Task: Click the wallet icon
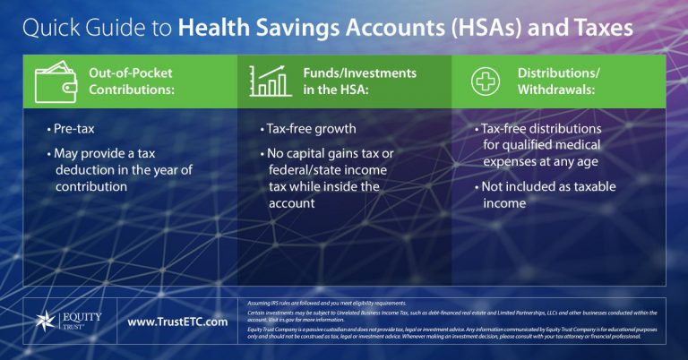[x=55, y=81]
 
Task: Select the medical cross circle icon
[x=486, y=81]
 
